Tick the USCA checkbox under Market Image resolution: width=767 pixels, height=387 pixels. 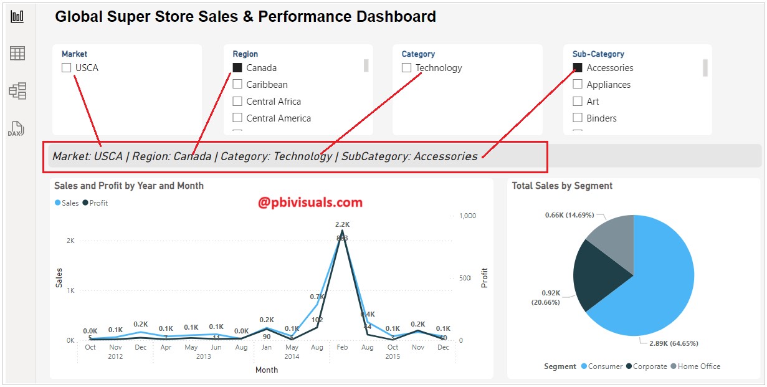click(67, 68)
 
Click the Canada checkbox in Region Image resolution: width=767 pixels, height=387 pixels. click(237, 68)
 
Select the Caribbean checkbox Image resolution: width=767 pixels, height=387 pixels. click(237, 85)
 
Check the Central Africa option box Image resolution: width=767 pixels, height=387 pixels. click(237, 102)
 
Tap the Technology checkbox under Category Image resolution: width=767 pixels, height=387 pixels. click(407, 68)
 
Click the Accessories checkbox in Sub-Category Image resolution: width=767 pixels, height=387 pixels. click(578, 68)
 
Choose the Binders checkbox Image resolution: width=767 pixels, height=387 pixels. click(578, 118)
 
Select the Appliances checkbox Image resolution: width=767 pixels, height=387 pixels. click(578, 85)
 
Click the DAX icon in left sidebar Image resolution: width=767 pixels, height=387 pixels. click(17, 128)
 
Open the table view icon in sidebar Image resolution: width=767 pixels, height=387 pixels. click(17, 54)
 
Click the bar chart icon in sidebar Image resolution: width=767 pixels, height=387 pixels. click(17, 16)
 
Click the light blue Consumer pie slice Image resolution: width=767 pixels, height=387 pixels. click(654, 280)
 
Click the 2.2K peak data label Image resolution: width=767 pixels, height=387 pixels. click(342, 224)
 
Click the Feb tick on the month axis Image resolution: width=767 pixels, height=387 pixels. click(341, 347)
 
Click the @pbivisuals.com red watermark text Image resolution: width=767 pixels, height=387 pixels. click(310, 203)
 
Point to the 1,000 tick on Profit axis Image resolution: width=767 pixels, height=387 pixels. click(467, 216)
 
